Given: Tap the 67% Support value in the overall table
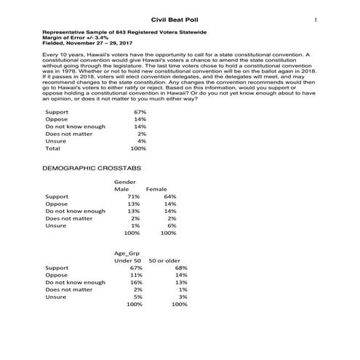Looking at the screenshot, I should pos(140,113).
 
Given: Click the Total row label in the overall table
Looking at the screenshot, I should pos(53,148).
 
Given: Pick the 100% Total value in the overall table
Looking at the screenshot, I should pos(138,148).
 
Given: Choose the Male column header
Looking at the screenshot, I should pos(123,190).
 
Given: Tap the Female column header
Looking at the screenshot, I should pos(156,190).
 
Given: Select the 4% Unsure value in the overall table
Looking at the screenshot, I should pos(142,140).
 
